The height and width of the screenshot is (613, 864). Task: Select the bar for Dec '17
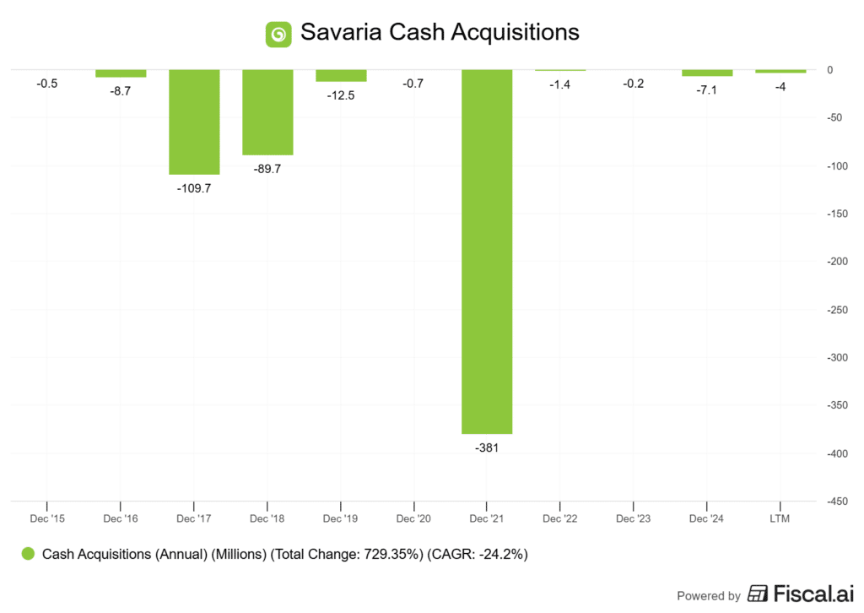pyautogui.click(x=194, y=122)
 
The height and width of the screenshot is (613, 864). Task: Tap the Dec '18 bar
pyautogui.click(x=267, y=112)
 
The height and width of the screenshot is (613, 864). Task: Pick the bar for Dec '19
pyautogui.click(x=341, y=75)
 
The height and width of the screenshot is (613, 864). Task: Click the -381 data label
pyautogui.click(x=488, y=448)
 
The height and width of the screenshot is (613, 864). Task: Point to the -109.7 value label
pyautogui.click(x=194, y=188)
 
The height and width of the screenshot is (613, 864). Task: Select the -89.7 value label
pyautogui.click(x=267, y=169)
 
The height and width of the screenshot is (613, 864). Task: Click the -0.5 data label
pyautogui.click(x=47, y=84)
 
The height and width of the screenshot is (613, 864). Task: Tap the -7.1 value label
pyautogui.click(x=707, y=90)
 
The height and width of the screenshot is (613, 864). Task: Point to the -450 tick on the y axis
pyautogui.click(x=836, y=502)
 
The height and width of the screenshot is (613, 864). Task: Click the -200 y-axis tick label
pyautogui.click(x=836, y=262)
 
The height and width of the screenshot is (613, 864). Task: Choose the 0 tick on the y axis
pyautogui.click(x=830, y=70)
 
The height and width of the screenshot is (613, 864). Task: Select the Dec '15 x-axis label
pyautogui.click(x=47, y=518)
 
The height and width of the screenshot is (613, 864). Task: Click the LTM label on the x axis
pyautogui.click(x=780, y=518)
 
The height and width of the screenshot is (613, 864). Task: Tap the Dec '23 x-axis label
pyautogui.click(x=634, y=518)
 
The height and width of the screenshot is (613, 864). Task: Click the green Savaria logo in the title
pyautogui.click(x=278, y=33)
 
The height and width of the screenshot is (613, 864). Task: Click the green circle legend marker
pyautogui.click(x=29, y=554)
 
